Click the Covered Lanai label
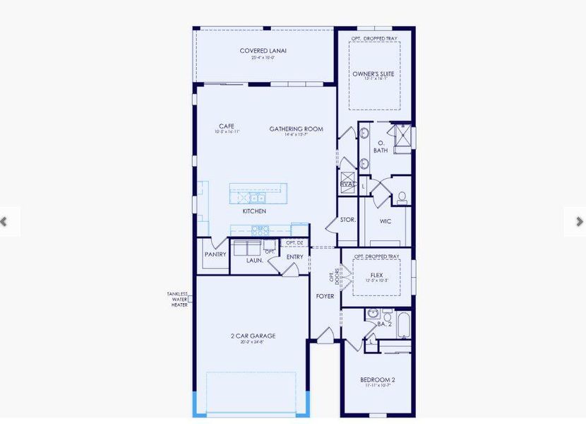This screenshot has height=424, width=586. point(263,51)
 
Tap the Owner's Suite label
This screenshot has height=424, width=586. point(373,73)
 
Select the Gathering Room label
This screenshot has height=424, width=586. point(296,129)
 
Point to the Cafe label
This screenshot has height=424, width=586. point(226,126)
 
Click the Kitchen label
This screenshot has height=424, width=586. point(254,211)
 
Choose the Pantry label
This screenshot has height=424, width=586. point(215,254)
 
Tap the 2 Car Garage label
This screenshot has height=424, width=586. point(253,336)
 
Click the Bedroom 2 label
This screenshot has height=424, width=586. point(378,380)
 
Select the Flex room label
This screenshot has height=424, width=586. point(376,276)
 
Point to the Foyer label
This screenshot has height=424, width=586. point(325,296)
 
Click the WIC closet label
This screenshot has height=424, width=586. point(385,221)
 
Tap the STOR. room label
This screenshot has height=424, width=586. point(347,220)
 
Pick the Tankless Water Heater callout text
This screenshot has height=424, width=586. point(177,299)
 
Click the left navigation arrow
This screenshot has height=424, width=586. point(4,222)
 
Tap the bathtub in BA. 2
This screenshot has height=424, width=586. point(402,324)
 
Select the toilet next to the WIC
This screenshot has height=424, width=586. point(402,196)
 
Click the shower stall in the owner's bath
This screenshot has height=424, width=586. point(402,138)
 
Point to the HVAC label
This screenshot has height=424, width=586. point(348,184)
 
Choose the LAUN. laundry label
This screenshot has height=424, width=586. point(254,260)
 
